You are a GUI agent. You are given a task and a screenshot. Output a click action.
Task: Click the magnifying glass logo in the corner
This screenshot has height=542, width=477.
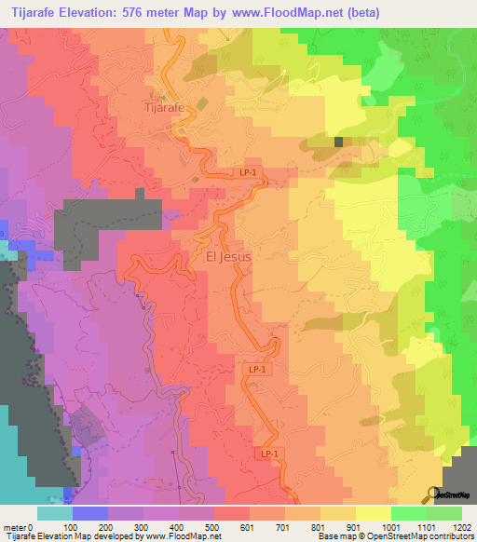[x=433, y=494]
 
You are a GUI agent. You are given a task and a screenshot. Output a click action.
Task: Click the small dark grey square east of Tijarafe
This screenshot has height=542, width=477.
[x=339, y=142]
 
